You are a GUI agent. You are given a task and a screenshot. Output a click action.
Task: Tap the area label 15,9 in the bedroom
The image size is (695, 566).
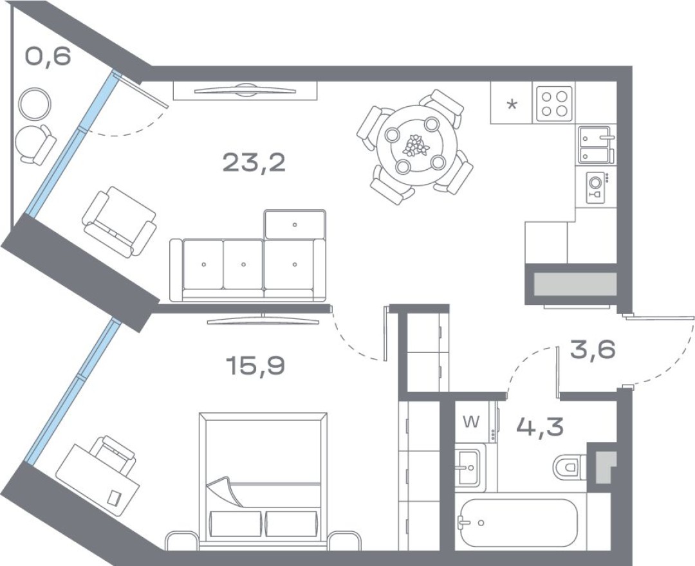255,366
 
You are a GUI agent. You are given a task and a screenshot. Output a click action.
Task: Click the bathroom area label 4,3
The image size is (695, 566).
541,426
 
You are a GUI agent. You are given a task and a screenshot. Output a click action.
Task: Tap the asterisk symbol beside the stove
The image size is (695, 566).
512,105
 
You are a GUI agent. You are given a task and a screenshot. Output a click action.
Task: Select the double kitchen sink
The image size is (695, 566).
596,145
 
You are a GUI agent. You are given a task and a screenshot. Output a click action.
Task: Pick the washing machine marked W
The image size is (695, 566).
476,423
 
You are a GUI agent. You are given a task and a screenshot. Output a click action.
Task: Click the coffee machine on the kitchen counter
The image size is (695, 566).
596,187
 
